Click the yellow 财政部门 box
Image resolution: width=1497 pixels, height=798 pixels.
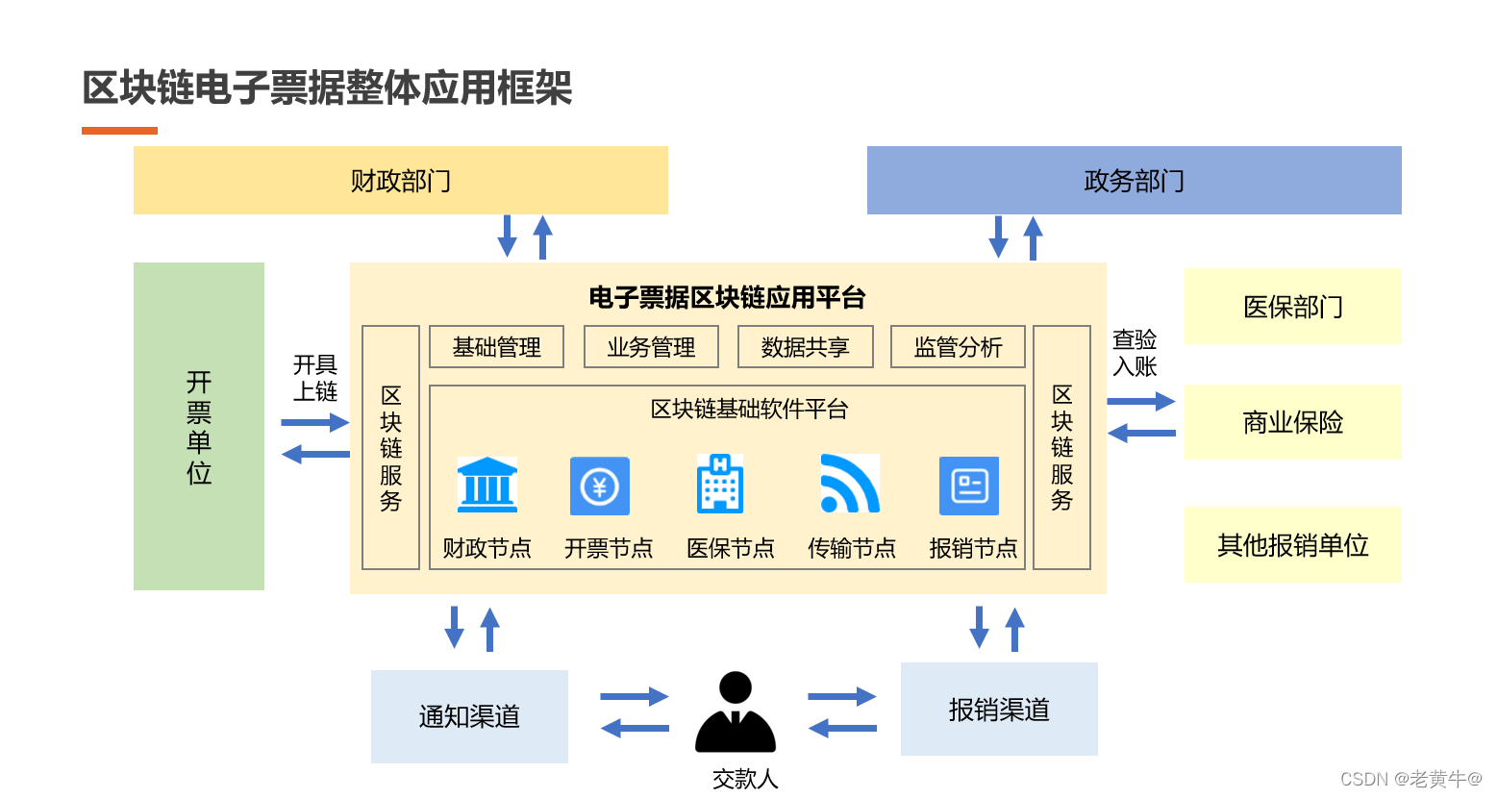[x=400, y=180]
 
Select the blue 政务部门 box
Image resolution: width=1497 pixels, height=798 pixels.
[x=1134, y=180]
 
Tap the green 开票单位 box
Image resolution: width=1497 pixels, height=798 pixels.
[x=198, y=426]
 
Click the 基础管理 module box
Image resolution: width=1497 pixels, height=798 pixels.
[x=496, y=347]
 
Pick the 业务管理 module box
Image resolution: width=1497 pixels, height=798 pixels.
[x=651, y=347]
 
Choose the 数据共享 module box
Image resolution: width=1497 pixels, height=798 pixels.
[x=805, y=347]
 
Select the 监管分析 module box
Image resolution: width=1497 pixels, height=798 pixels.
[x=958, y=347]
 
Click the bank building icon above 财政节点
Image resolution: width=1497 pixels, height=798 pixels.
[x=487, y=485]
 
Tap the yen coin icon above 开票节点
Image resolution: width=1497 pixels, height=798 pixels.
[x=600, y=486]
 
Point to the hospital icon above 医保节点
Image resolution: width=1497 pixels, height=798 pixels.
[x=720, y=484]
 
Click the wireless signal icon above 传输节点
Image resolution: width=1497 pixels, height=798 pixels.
[x=850, y=484]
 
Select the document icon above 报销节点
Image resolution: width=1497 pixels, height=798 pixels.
[x=969, y=486]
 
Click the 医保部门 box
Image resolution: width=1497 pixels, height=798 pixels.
[x=1292, y=307]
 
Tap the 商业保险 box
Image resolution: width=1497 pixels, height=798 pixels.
[x=1292, y=422]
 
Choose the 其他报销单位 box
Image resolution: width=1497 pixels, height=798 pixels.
[x=1292, y=545]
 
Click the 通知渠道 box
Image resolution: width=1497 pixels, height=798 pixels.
[x=469, y=716]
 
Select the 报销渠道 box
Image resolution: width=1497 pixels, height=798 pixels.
[x=999, y=710]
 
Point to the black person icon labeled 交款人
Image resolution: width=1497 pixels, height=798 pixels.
[x=736, y=712]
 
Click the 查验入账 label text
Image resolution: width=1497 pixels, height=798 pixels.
[x=1135, y=353]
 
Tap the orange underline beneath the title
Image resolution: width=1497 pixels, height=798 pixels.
[x=119, y=131]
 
